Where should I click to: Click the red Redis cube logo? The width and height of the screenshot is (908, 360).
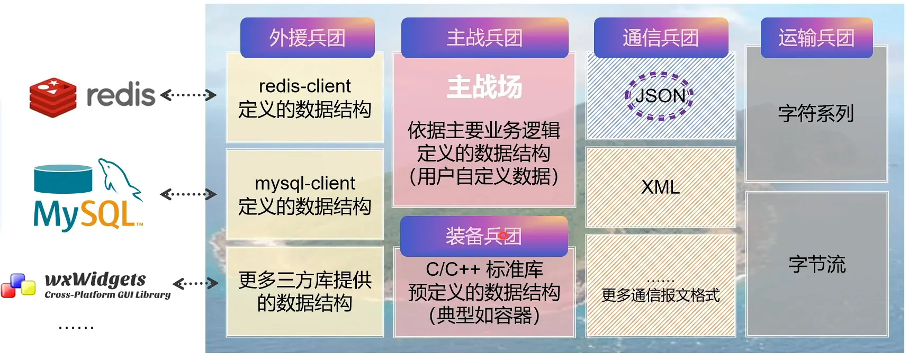click(53, 97)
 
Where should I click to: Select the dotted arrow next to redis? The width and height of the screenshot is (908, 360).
click(188, 95)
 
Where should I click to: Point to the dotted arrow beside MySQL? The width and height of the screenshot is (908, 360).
click(188, 194)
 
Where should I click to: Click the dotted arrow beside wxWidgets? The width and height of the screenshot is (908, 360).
click(195, 283)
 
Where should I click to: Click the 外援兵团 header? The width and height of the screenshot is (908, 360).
click(308, 38)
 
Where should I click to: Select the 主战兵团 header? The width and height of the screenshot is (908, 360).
click(485, 38)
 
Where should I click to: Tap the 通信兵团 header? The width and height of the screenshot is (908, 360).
click(661, 38)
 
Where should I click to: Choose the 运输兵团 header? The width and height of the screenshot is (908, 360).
click(816, 38)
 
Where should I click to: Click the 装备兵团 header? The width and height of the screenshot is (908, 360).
click(484, 236)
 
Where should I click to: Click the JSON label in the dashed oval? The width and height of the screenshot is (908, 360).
click(660, 96)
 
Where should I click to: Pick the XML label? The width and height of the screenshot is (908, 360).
click(660, 187)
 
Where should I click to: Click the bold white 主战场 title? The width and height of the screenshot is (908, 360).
click(484, 87)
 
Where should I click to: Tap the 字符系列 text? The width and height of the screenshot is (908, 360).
click(816, 113)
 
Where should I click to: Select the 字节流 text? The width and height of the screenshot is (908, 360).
click(817, 264)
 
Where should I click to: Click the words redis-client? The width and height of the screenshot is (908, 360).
click(305, 86)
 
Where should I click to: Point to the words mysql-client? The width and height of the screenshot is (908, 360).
click(305, 183)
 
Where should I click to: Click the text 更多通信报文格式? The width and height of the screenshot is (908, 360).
click(661, 295)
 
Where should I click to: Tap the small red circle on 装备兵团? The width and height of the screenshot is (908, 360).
click(503, 235)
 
